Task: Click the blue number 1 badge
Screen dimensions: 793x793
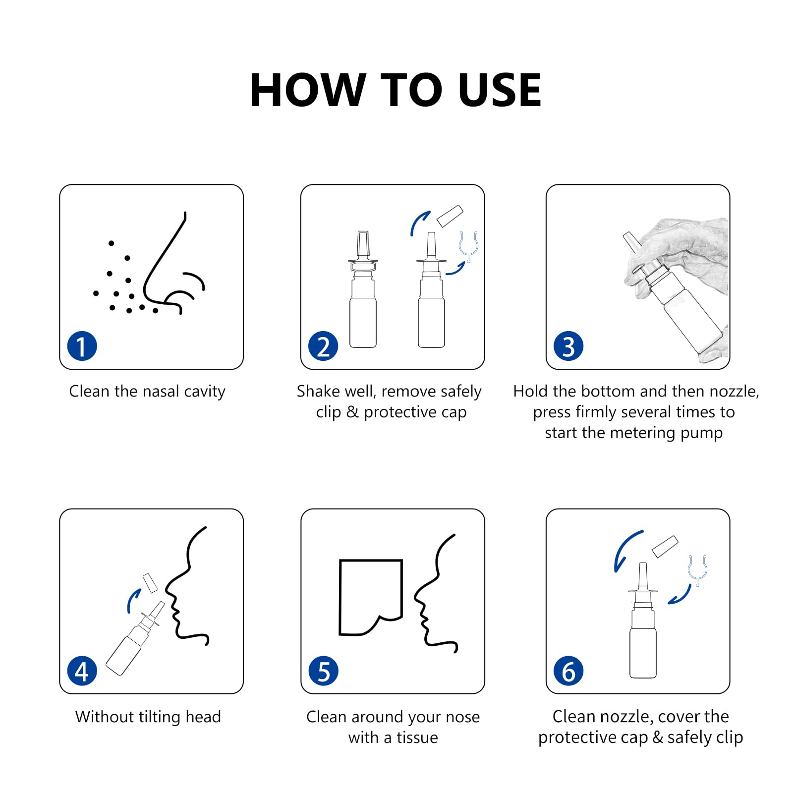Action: point(82,346)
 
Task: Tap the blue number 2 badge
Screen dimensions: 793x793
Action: point(323,346)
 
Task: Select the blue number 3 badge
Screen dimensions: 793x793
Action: point(568,346)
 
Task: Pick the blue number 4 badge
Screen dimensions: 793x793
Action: point(82,671)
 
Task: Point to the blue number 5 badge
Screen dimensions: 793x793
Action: point(323,671)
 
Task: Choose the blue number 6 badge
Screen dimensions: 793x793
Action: point(568,671)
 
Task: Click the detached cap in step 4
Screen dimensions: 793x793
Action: point(150,583)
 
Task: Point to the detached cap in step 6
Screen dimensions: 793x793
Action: point(665,546)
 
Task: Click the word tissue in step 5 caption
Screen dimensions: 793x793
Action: point(417,737)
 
